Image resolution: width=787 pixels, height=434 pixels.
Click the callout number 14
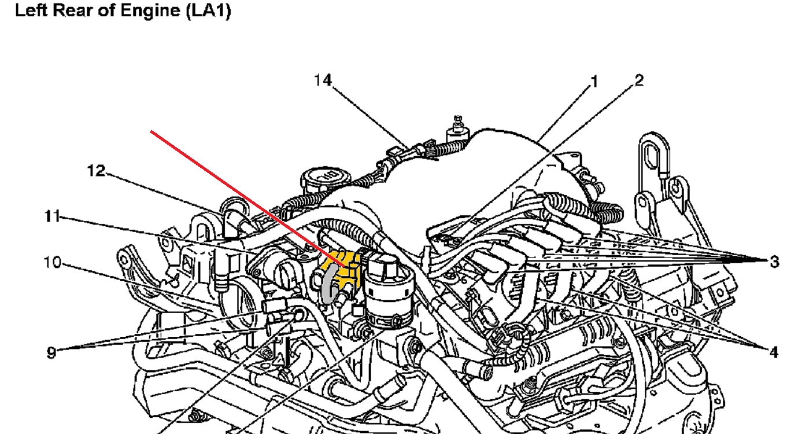click(x=323, y=80)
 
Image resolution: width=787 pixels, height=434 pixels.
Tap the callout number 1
click(x=594, y=82)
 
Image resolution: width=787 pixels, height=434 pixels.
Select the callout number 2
click(x=638, y=80)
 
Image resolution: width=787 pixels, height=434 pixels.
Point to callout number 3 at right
click(x=774, y=262)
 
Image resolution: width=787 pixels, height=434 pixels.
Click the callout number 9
click(x=52, y=352)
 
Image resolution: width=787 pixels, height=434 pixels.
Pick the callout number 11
click(x=52, y=217)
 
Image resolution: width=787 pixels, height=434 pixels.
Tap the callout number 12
click(x=97, y=171)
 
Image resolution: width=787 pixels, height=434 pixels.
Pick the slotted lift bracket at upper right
click(x=655, y=162)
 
